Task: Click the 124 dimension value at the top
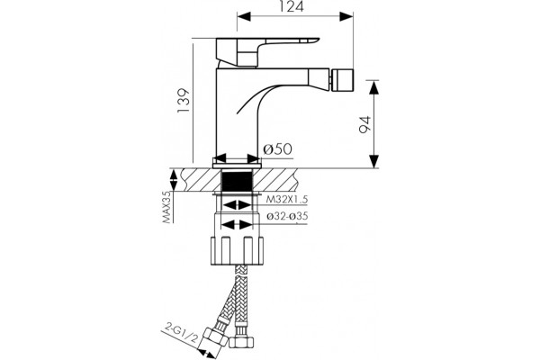[291, 6]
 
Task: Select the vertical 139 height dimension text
[184, 100]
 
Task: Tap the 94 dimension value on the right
[364, 124]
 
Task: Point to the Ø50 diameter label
[277, 149]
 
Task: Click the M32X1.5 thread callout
[286, 199]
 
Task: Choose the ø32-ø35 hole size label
[287, 216]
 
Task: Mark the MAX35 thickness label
[167, 207]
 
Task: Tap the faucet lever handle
[267, 52]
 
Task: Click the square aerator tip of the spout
[342, 79]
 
